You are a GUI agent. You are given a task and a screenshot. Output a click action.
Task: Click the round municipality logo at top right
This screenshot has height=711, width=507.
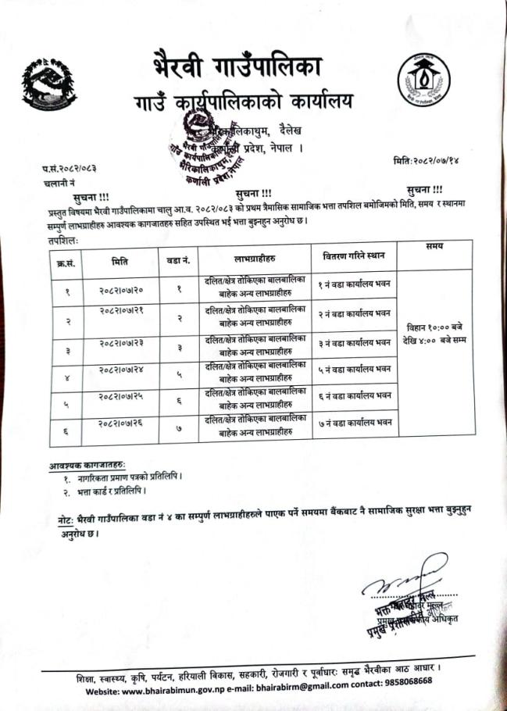click(423, 80)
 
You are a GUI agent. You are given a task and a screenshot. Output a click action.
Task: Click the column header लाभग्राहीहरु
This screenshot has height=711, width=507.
click(254, 257)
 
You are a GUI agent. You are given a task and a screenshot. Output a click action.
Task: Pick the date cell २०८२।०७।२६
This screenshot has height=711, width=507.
click(120, 423)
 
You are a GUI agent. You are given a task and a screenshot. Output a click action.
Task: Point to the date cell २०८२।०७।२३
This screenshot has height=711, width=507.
click(120, 342)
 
